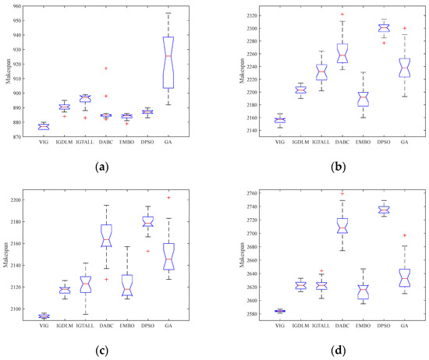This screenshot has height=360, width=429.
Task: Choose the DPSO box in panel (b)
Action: coord(404,28)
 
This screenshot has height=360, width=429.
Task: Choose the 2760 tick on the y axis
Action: coord(244,192)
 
